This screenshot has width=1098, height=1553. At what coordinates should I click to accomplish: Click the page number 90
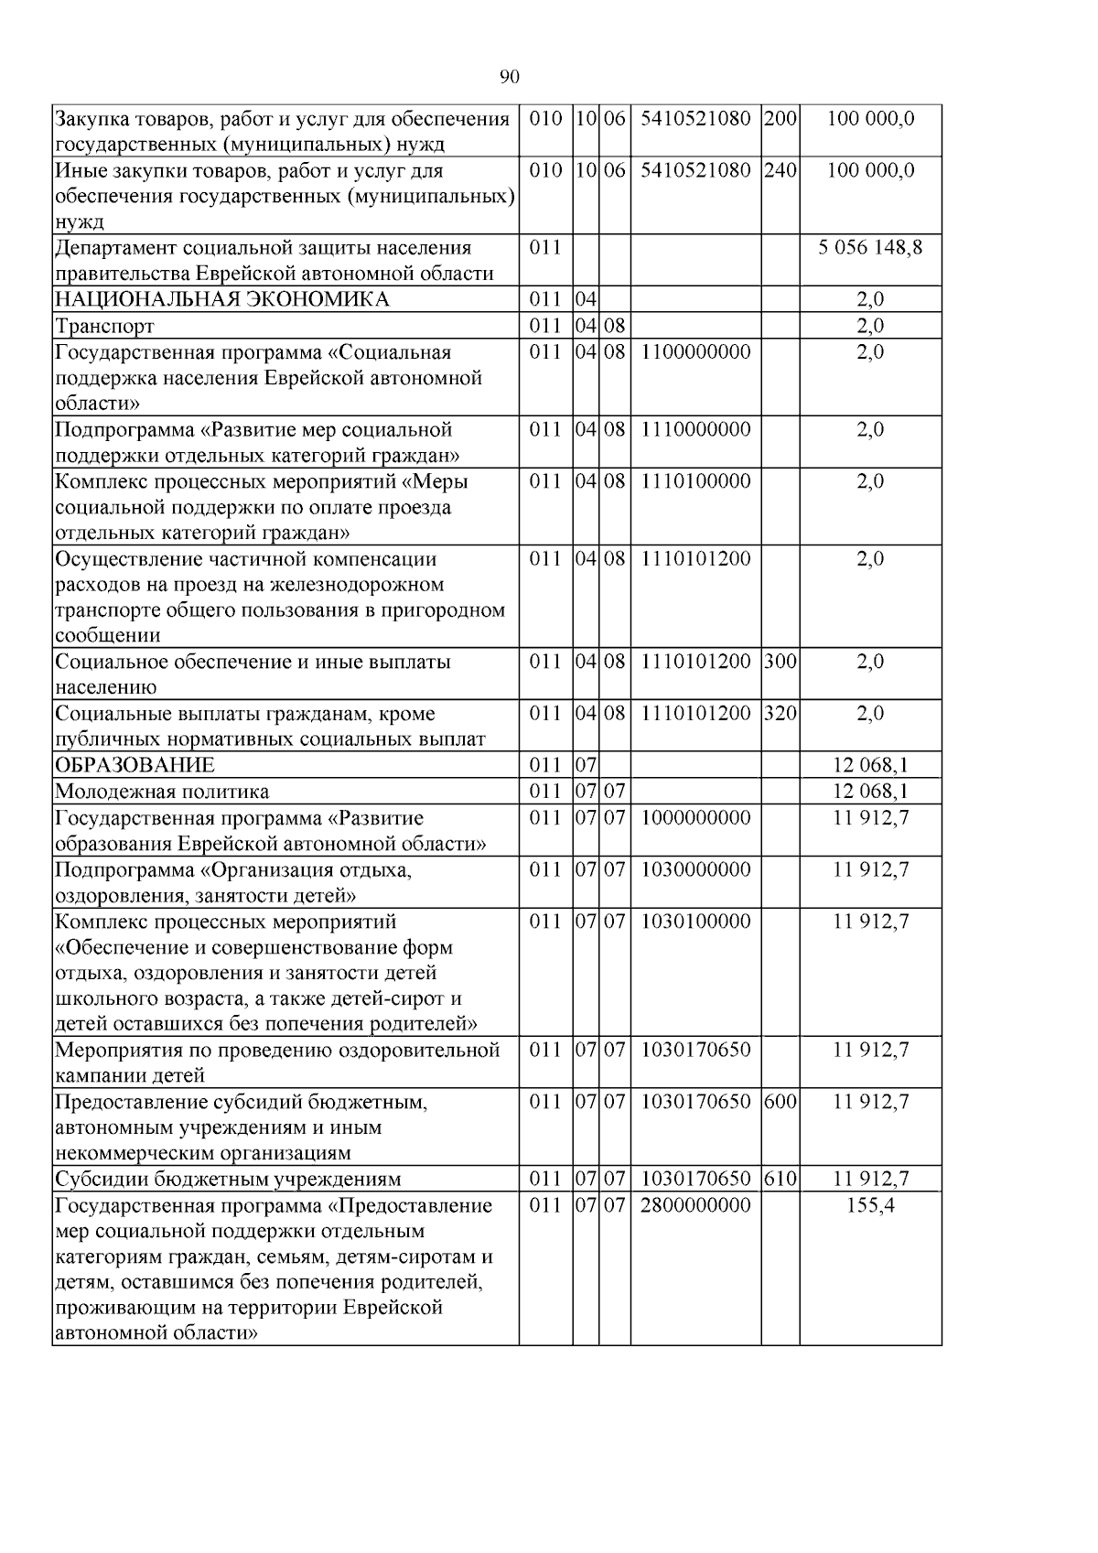(x=510, y=77)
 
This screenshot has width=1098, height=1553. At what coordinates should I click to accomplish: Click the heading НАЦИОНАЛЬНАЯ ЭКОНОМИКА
(x=221, y=299)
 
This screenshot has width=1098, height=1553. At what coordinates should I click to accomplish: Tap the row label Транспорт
(x=105, y=326)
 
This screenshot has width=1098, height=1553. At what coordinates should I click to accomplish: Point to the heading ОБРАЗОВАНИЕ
(x=135, y=765)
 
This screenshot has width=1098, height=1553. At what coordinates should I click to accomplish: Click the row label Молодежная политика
(x=162, y=792)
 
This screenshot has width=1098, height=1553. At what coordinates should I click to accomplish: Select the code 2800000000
(x=695, y=1205)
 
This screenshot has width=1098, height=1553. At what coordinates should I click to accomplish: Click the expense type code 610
(x=780, y=1179)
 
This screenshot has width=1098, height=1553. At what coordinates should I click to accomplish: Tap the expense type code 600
(x=780, y=1102)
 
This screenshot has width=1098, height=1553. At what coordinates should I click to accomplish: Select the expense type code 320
(x=780, y=713)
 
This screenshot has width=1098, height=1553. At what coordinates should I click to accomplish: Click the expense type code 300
(x=780, y=661)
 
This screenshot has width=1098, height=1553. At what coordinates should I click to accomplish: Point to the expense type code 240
(x=780, y=170)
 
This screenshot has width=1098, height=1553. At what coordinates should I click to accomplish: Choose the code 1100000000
(x=695, y=352)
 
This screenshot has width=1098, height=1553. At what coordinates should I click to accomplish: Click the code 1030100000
(x=695, y=921)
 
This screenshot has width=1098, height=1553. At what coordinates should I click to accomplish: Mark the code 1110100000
(x=695, y=481)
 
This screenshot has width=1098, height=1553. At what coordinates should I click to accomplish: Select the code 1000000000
(x=695, y=817)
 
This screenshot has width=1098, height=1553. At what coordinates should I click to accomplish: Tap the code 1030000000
(x=695, y=869)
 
